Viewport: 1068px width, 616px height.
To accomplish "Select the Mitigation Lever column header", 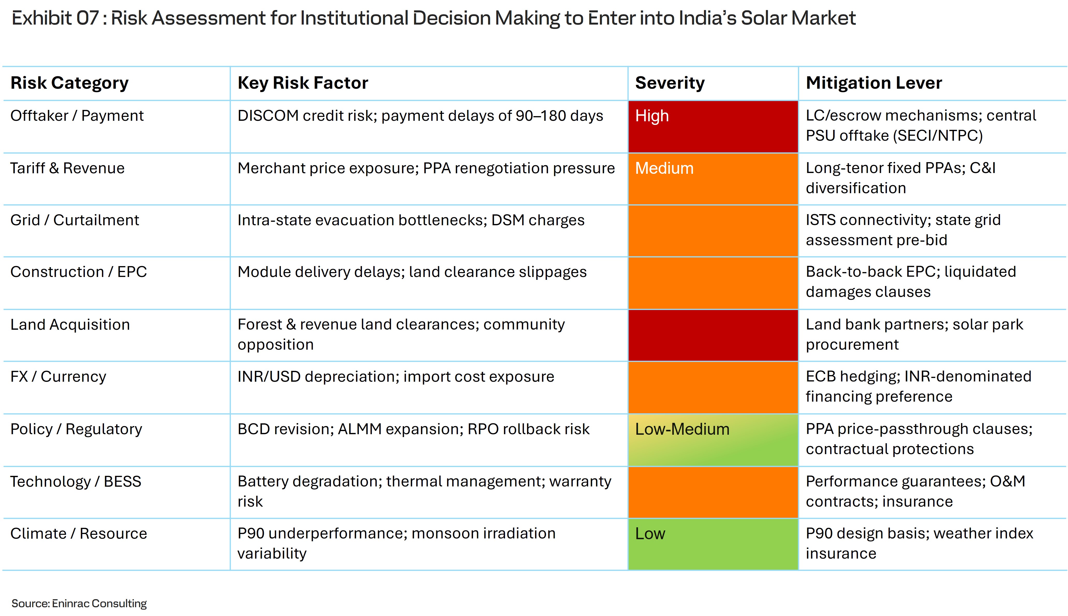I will point(873,83).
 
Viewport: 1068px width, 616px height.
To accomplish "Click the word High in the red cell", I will point(652,116).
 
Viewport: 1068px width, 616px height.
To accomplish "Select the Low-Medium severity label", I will point(682,430).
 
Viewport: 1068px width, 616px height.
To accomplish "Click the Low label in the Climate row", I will point(650,534).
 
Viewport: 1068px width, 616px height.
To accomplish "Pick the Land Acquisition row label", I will point(70,325).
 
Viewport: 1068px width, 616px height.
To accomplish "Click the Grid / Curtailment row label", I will point(75,220).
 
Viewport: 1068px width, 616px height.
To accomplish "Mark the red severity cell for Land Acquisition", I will point(713,335).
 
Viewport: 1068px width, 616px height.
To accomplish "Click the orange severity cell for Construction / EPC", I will point(713,283).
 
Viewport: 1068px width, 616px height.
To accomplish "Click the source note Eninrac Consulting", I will point(99,603).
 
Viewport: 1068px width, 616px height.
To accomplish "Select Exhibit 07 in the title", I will point(55,18).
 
